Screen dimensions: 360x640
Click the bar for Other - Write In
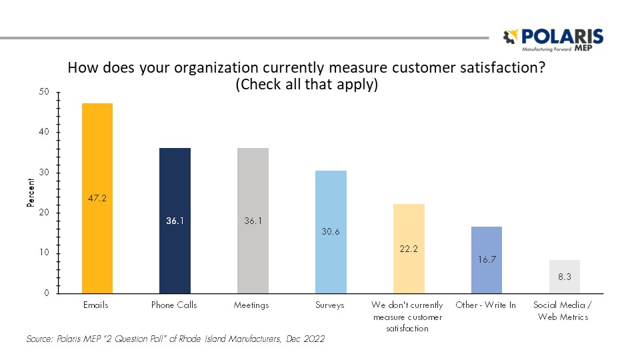487,260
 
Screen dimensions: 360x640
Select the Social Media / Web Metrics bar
565,277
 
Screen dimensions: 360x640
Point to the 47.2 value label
97,198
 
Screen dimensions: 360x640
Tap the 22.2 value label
409,248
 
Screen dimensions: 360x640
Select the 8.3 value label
565,277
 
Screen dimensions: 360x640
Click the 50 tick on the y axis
45,92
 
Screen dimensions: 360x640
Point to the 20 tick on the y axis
45,213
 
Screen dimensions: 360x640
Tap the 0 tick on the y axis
47,293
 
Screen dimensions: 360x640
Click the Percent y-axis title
31,193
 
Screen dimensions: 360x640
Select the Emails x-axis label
97,305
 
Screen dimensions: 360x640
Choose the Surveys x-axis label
331,305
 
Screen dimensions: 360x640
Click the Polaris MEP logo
553,40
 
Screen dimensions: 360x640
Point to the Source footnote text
175,339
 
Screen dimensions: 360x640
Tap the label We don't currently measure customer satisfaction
407,317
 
